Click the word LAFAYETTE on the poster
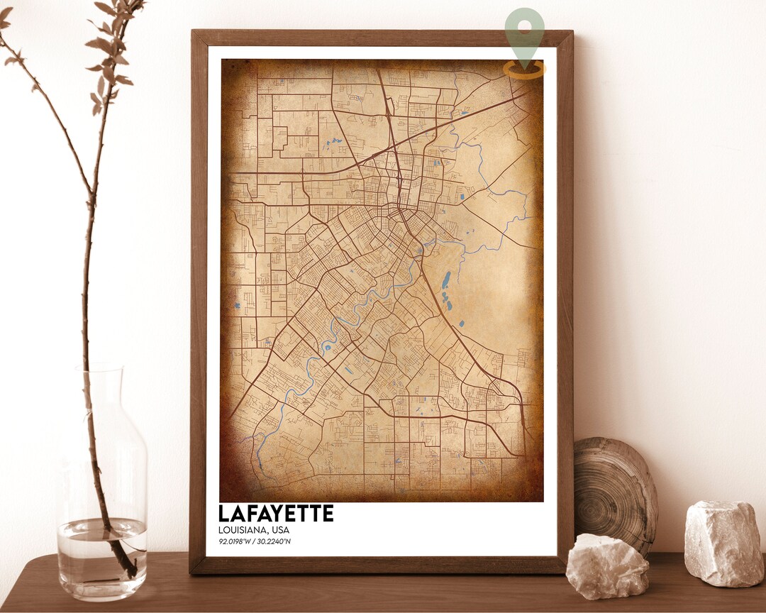pyautogui.click(x=275, y=513)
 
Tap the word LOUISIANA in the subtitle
pyautogui.click(x=240, y=530)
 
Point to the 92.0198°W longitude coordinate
pyautogui.click(x=236, y=542)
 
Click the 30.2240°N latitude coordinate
pyautogui.click(x=275, y=542)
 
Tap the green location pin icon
pyautogui.click(x=525, y=32)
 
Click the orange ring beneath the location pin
pyautogui.click(x=525, y=70)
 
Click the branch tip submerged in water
pyautogui.click(x=128, y=565)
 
